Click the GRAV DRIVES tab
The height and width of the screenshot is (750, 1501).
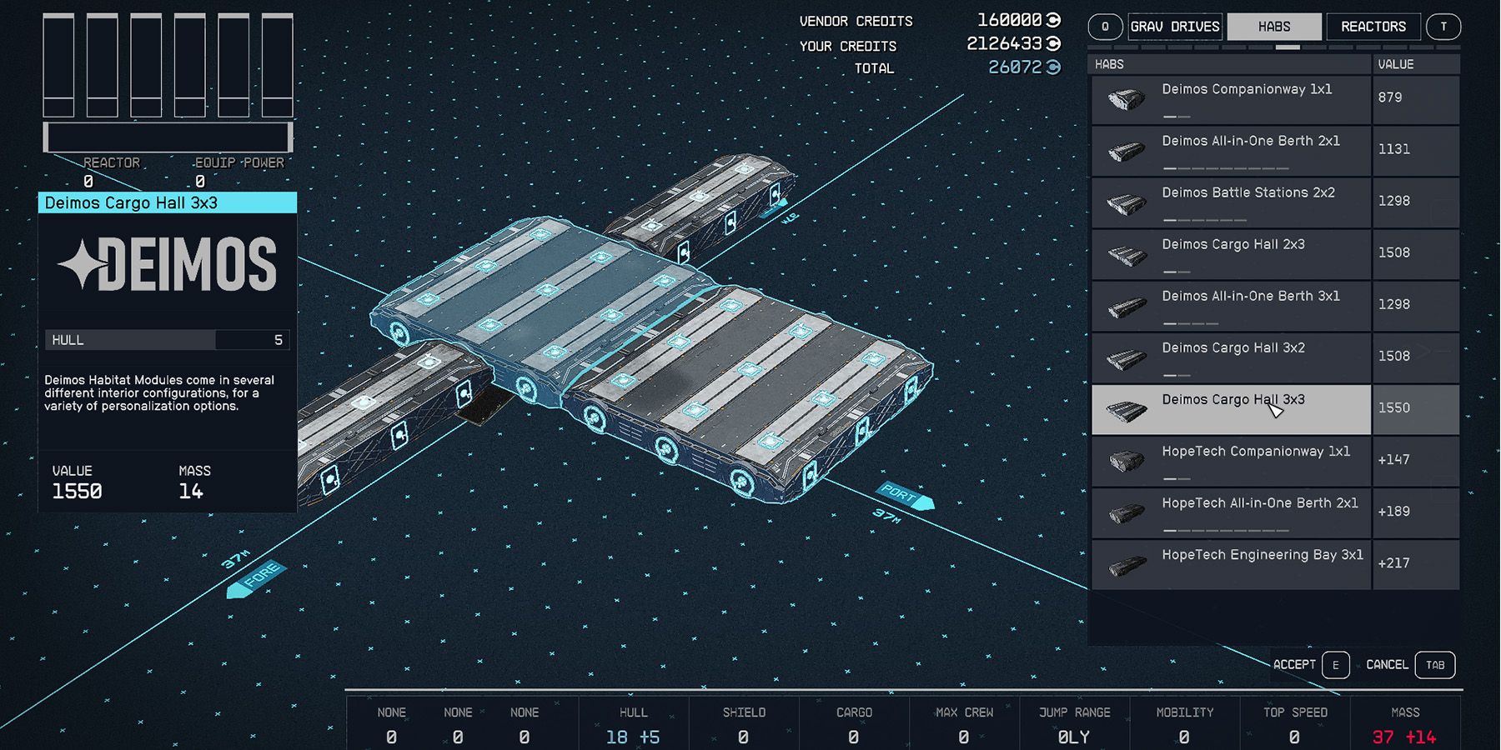coord(1175,27)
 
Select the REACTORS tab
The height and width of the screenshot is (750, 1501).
coord(1373,27)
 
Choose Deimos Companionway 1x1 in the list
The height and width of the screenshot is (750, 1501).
coord(1246,90)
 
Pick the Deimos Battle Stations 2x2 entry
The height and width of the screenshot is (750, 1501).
coord(1247,193)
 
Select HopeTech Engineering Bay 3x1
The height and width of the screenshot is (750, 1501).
coord(1262,556)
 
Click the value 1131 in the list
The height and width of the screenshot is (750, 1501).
coord(1393,149)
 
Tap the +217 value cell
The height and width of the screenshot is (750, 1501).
coord(1393,563)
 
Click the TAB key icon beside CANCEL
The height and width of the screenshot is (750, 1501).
coord(1434,665)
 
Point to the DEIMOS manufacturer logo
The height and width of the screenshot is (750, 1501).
coord(168,264)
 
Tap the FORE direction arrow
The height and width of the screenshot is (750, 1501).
coord(256,578)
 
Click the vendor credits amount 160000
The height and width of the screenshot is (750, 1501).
coord(1009,20)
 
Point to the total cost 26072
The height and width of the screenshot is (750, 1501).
coord(1015,67)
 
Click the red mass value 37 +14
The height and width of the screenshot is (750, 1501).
coord(1403,737)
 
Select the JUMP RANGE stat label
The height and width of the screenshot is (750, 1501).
coord(1074,712)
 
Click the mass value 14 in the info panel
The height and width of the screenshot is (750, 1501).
coord(191,492)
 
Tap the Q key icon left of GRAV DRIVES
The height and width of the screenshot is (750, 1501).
coord(1105,27)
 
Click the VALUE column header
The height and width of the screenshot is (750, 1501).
coord(1395,64)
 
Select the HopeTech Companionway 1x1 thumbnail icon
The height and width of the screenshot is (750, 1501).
coord(1127,461)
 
